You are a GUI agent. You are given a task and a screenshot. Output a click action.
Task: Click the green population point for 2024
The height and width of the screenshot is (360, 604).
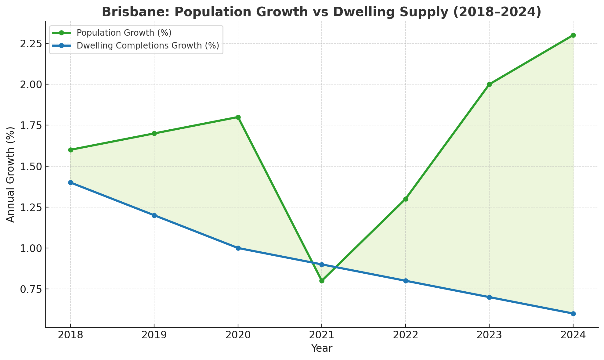[573, 35]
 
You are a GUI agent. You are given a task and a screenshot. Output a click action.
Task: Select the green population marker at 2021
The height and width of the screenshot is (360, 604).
[322, 281]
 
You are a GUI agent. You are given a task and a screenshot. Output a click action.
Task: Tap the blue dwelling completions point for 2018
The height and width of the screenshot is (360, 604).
[71, 182]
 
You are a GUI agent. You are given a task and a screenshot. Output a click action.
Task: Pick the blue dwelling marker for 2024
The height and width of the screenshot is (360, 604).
[573, 314]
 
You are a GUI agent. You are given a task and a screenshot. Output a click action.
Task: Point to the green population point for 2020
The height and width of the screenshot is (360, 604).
[238, 117]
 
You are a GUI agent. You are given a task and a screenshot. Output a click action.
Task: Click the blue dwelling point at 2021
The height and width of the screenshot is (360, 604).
[322, 265]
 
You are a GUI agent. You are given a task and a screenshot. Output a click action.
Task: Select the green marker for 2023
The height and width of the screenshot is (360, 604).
[489, 85]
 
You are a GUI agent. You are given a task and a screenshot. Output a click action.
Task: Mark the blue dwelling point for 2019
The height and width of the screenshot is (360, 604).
[154, 215]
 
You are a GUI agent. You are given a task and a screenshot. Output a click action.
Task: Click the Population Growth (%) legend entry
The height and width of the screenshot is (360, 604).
[124, 33]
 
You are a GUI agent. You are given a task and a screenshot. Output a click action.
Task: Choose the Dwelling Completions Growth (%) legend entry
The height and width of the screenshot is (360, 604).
[148, 45]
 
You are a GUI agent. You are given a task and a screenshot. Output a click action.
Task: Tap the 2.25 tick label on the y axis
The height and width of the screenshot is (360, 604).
[31, 44]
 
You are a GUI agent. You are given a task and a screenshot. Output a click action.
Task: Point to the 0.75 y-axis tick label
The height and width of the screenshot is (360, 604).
[31, 289]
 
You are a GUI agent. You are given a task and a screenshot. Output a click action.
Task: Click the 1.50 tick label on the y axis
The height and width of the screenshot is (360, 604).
[31, 166]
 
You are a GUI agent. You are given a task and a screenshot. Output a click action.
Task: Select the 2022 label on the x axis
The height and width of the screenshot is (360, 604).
[405, 335]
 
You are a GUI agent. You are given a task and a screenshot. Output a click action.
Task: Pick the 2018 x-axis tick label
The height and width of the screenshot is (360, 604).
[71, 335]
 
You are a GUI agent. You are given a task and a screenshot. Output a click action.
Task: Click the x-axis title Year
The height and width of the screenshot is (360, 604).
[322, 348]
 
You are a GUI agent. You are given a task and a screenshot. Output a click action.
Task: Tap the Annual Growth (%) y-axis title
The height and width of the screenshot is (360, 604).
[11, 175]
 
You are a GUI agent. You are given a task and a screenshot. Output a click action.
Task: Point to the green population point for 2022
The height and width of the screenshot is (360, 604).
[406, 199]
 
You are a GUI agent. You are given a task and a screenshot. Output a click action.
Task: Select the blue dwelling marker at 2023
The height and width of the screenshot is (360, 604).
[489, 297]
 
